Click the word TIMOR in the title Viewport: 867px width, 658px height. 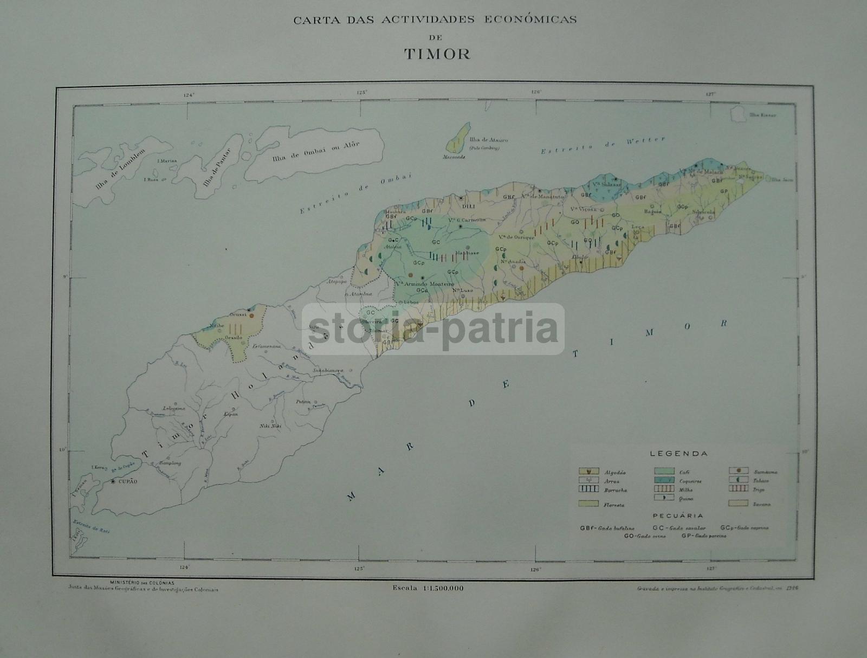click(437, 54)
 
